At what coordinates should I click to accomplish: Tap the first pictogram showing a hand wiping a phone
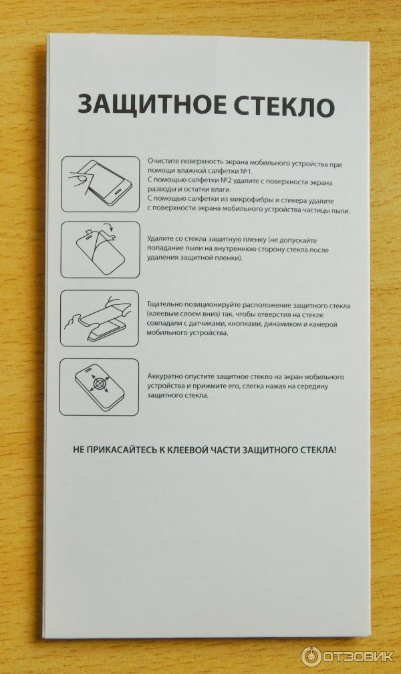(x=100, y=184)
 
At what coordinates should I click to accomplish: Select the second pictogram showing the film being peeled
(x=100, y=250)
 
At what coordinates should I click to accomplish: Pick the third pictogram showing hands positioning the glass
(x=100, y=318)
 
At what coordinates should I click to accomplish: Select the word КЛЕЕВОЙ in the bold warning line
(x=190, y=450)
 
